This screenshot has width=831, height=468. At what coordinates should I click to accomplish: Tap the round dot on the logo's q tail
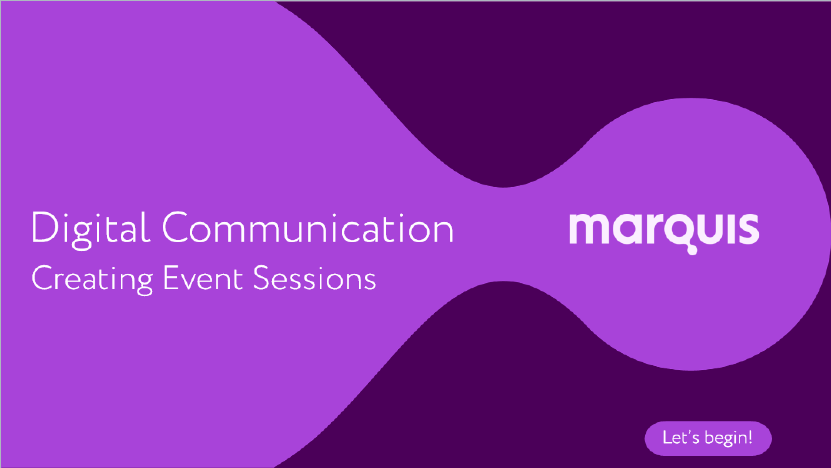[692, 250]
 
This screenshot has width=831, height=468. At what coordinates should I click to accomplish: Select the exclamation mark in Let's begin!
[750, 437]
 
